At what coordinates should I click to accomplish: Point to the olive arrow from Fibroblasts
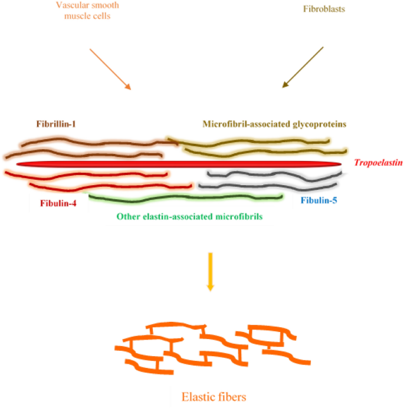tap(303, 67)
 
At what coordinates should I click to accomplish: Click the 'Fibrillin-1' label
tap(59, 124)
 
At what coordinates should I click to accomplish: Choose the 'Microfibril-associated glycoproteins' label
tap(274, 124)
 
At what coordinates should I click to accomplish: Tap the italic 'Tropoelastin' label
tap(378, 162)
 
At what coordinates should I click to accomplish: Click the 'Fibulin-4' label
tap(58, 204)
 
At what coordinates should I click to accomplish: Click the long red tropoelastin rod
tap(177, 163)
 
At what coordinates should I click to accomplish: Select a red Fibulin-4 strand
tap(88, 174)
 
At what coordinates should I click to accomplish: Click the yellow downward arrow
tap(210, 271)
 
